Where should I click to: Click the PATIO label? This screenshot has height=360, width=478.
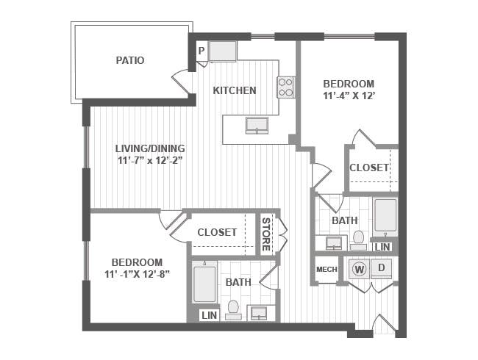[x=129, y=60]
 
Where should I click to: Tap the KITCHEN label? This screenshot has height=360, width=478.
[x=235, y=90]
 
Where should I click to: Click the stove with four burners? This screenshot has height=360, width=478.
[x=285, y=87]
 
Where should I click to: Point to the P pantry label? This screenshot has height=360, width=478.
[x=201, y=51]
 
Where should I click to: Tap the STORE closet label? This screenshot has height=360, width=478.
[x=266, y=233]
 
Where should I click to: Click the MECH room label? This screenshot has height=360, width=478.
[x=326, y=270]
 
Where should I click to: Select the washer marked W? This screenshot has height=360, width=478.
[x=360, y=269]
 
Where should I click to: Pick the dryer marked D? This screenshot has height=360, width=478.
[x=381, y=268]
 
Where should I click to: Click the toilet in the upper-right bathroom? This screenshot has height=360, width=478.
[x=359, y=240]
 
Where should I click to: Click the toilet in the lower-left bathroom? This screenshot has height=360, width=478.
[x=233, y=309]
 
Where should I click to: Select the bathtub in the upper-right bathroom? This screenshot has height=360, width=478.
[x=385, y=215]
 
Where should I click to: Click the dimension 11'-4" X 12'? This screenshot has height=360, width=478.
[x=349, y=96]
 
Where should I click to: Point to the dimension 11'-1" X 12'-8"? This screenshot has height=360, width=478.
[x=137, y=276]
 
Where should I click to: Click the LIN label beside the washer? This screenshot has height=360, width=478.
[x=382, y=247]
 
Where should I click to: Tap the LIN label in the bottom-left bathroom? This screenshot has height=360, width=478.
[x=210, y=314]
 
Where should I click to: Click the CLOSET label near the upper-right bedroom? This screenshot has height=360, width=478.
[x=369, y=168]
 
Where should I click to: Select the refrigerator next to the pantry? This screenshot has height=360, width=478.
[x=222, y=51]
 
